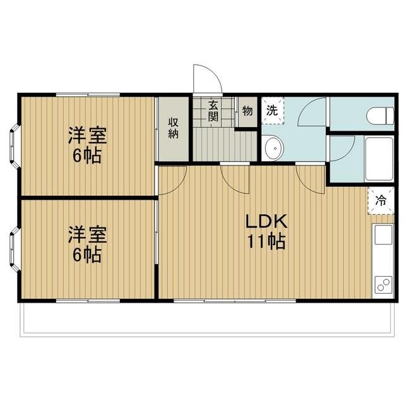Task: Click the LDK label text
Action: coord(266,222)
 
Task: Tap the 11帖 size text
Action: coord(266,241)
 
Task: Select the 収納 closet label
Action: coord(173,128)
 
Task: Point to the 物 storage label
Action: coord(247,110)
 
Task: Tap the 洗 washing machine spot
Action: coord(272,109)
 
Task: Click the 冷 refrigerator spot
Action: coord(381,200)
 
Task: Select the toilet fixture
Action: coord(378,114)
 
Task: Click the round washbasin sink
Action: coord(274,148)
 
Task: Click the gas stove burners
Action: coord(383,284)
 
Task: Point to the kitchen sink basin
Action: coord(384,235)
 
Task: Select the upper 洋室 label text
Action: coord(87,135)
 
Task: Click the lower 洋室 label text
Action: coord(87,236)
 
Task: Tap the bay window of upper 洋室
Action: coord(13,145)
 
